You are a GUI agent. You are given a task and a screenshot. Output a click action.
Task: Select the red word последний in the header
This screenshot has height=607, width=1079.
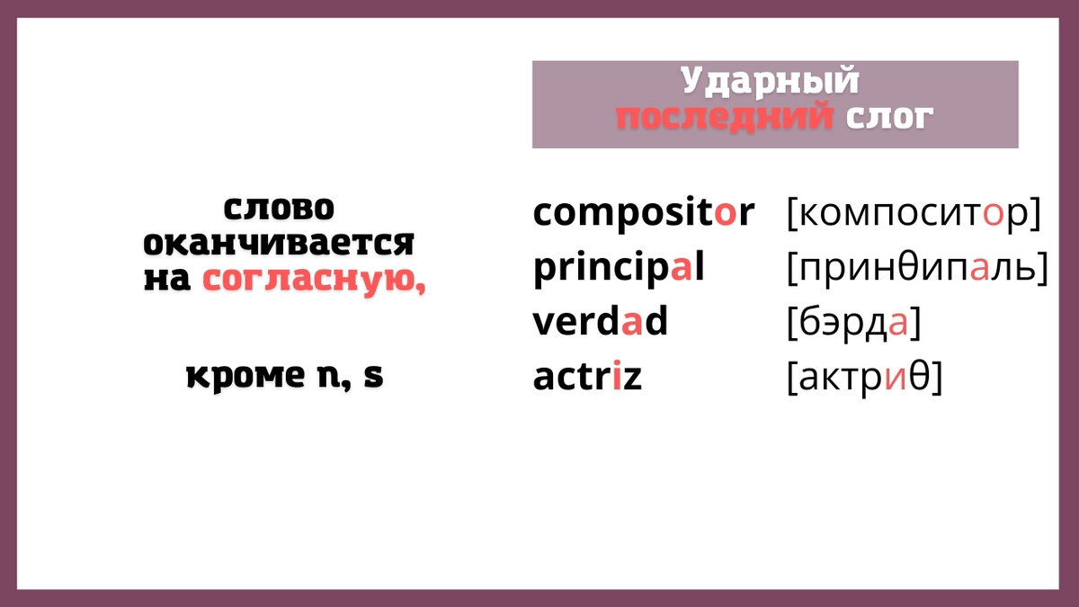point(724,117)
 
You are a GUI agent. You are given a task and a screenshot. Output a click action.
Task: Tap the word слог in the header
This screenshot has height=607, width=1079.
point(888,117)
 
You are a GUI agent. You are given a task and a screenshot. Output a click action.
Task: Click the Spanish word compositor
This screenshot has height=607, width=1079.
point(643,214)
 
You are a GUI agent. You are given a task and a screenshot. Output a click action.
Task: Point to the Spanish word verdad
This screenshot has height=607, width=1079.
point(600,322)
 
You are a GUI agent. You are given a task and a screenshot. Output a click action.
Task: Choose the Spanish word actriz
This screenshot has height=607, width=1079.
point(587,377)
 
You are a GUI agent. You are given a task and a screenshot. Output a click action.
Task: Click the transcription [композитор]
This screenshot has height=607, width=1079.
point(913,214)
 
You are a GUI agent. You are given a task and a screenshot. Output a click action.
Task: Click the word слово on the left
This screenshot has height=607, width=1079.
point(278,208)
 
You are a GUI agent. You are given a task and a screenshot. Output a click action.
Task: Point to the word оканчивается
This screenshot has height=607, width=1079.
point(279,243)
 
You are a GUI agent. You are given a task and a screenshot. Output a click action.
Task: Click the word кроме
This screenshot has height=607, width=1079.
point(245,376)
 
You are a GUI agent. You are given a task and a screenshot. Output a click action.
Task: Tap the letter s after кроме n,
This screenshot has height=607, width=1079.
point(373,376)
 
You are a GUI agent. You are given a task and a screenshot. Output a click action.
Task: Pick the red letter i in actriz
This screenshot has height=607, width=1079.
point(617,377)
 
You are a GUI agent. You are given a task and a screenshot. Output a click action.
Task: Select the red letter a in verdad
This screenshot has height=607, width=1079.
point(632,322)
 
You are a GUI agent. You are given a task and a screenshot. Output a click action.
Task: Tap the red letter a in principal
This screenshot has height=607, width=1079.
point(682,268)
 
